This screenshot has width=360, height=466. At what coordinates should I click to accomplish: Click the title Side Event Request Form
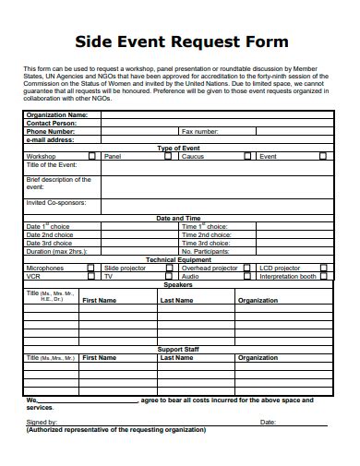point(181,42)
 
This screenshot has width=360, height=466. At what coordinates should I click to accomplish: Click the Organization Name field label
point(56,115)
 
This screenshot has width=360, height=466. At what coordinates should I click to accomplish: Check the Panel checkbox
point(167,157)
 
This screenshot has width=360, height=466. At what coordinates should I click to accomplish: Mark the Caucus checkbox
point(247,157)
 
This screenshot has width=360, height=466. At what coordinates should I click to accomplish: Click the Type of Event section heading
point(179,149)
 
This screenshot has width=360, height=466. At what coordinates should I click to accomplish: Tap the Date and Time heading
point(179,219)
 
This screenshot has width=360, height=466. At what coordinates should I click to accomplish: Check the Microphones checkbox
point(90,268)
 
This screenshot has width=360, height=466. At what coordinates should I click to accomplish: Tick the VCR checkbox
point(90,276)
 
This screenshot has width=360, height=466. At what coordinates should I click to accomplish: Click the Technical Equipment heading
point(179,259)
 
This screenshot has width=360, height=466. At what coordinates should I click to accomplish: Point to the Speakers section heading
point(179,284)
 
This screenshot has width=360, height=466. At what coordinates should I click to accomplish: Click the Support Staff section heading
point(179,349)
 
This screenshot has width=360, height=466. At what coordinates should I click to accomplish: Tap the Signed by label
point(42,422)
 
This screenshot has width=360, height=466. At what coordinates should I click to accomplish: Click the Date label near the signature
point(268,422)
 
